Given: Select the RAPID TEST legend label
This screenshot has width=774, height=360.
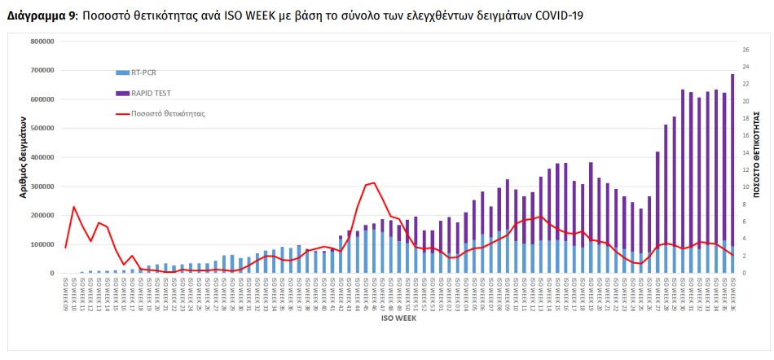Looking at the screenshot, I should pyautogui.click(x=152, y=94).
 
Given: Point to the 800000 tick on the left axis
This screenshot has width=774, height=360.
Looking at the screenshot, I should pyautogui.click(x=41, y=42).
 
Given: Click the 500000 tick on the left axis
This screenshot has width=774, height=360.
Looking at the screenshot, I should pyautogui.click(x=41, y=129).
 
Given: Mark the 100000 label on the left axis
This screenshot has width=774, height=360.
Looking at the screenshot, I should pyautogui.click(x=41, y=244).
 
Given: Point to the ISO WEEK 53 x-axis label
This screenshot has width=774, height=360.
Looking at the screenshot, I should pyautogui.click(x=432, y=293).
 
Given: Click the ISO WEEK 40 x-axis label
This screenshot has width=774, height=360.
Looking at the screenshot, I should pyautogui.click(x=323, y=293).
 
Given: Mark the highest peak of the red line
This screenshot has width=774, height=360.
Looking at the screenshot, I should pyautogui.click(x=373, y=182).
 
